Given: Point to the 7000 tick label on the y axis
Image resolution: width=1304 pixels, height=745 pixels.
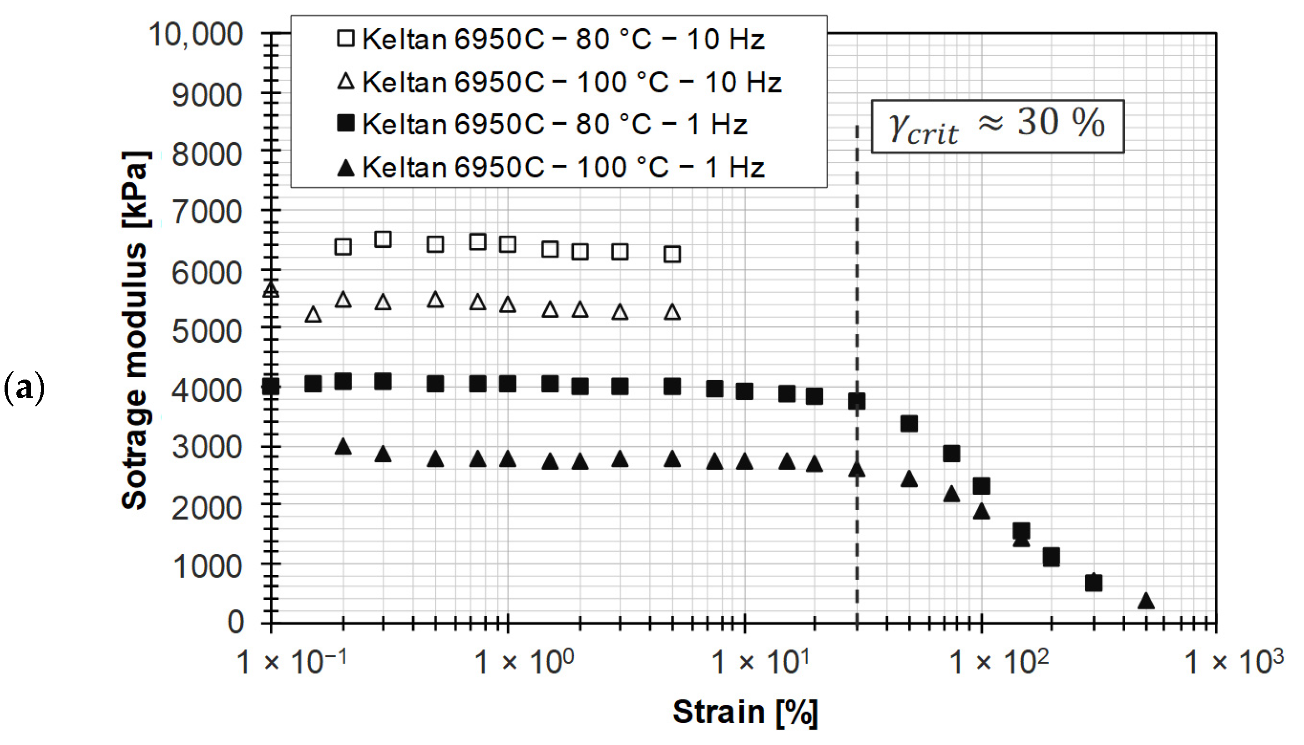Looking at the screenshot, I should [x=207, y=212].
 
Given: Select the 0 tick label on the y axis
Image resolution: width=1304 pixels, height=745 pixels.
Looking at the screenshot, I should [x=235, y=623].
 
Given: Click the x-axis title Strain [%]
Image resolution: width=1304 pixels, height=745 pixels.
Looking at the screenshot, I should [x=745, y=712].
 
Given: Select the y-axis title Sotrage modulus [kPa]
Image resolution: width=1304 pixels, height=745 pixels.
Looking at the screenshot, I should [x=135, y=330].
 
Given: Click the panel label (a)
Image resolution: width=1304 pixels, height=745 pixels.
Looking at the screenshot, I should [x=24, y=389].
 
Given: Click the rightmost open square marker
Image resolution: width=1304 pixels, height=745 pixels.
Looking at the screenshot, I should [x=672, y=254].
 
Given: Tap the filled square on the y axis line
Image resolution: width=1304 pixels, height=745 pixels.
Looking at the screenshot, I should [x=271, y=386].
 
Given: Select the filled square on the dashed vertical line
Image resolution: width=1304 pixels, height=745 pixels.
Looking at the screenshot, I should [x=857, y=401].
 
